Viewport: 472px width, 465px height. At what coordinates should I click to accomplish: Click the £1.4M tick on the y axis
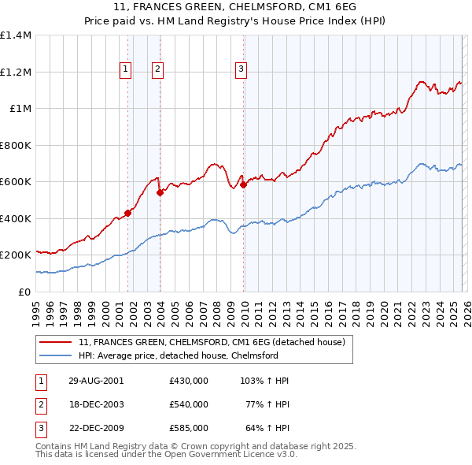(16, 35)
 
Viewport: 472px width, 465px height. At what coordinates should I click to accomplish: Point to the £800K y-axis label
(16, 145)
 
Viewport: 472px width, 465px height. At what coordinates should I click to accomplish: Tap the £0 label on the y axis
(24, 292)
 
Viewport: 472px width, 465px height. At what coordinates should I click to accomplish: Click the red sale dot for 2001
(127, 213)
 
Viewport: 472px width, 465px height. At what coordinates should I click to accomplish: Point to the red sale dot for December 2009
(243, 184)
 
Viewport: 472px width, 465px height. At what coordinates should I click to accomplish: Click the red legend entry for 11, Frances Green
(211, 342)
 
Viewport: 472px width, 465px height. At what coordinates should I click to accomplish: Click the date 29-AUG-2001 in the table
(97, 381)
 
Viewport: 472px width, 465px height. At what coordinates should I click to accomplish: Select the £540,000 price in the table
(189, 404)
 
